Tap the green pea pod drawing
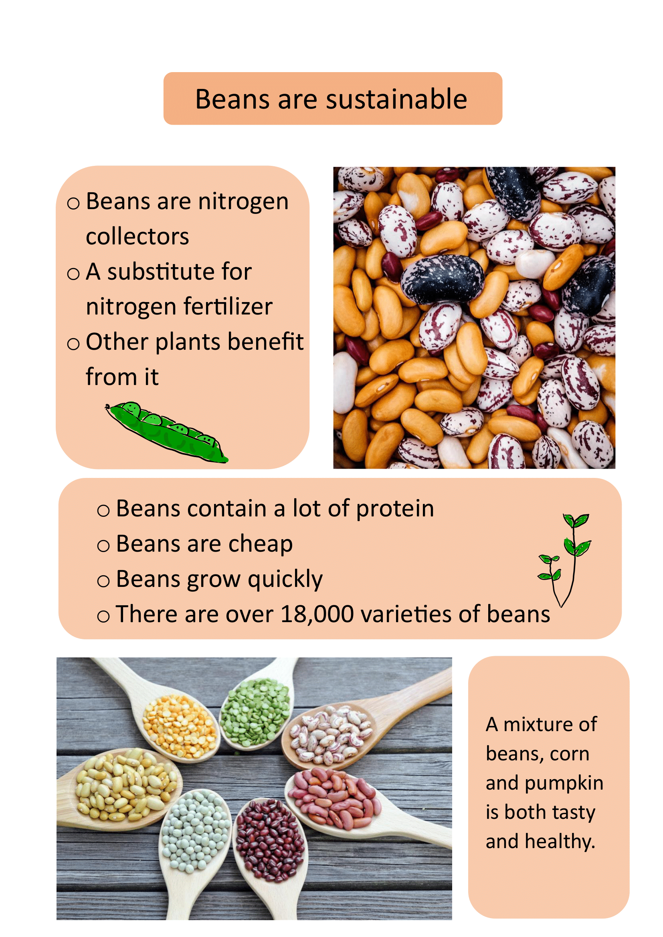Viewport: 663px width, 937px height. point(167,433)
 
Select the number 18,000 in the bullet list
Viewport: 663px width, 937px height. point(317,614)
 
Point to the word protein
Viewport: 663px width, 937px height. point(395,510)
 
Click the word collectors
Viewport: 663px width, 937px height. point(137,236)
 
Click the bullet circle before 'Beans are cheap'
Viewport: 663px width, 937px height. point(103,546)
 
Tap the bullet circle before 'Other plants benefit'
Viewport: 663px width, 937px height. point(73,344)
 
